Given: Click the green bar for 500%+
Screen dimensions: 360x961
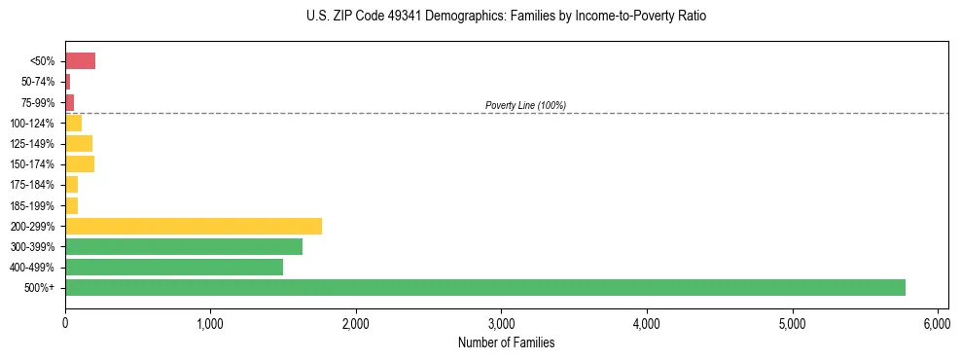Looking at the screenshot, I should point(484,287).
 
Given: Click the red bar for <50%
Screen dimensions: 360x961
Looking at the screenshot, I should point(80,61).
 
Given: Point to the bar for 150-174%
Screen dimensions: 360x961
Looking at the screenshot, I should point(80,163).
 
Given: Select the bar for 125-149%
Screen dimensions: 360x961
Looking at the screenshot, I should point(79,143).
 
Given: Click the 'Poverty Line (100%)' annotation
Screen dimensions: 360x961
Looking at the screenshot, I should point(525,105).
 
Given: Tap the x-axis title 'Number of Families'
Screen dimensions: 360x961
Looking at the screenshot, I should point(506,342).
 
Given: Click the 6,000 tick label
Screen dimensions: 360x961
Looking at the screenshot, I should point(937,323).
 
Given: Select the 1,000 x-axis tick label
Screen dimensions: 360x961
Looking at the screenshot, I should point(210,323).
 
